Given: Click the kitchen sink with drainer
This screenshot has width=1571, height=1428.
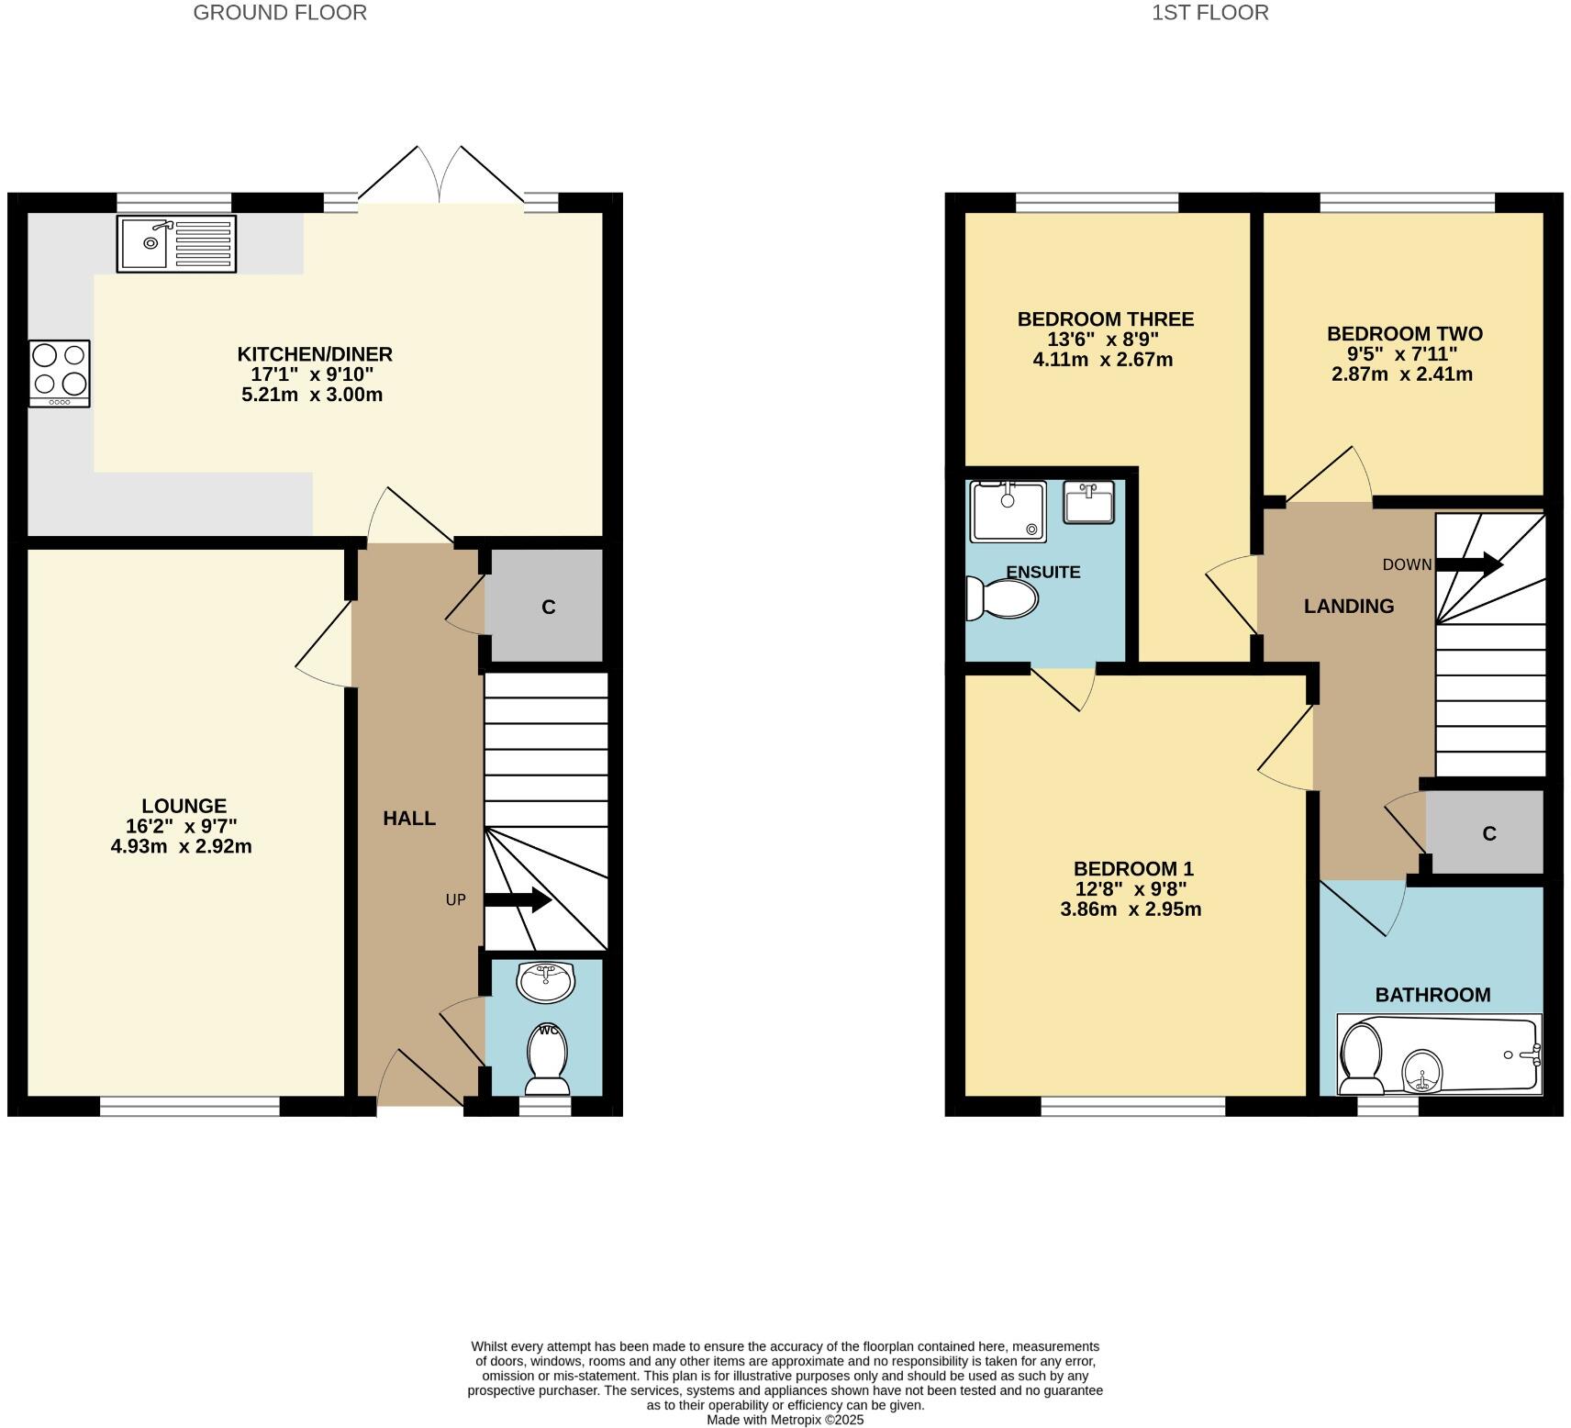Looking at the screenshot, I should point(176,243).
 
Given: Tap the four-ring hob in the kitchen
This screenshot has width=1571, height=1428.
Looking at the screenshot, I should point(60,373).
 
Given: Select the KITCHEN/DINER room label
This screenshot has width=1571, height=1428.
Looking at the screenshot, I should point(315,354).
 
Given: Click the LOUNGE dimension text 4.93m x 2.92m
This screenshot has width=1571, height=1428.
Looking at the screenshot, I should point(181,846).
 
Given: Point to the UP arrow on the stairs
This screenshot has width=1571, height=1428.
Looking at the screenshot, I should point(517,900).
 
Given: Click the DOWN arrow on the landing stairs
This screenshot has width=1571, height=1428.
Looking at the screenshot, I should point(1468,564).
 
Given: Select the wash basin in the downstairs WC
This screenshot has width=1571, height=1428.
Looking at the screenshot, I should point(546,981).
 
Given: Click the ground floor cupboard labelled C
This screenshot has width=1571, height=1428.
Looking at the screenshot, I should point(548,607).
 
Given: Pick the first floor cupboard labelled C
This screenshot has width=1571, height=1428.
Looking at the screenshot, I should point(1488,833).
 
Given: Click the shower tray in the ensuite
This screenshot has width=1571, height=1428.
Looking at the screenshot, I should point(1008,510).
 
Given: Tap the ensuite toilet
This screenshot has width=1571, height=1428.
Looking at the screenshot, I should point(1002,598).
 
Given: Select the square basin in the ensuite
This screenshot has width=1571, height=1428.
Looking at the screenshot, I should point(1088,501).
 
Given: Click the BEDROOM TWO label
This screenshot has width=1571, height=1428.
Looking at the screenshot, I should point(1404,333).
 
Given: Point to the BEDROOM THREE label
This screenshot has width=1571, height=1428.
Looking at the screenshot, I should point(1105,319).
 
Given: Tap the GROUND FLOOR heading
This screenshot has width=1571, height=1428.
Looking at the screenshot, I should point(280,13).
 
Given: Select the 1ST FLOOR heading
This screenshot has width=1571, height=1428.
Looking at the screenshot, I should point(1209,13).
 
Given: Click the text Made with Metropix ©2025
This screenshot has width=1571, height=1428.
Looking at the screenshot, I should point(785,1419).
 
